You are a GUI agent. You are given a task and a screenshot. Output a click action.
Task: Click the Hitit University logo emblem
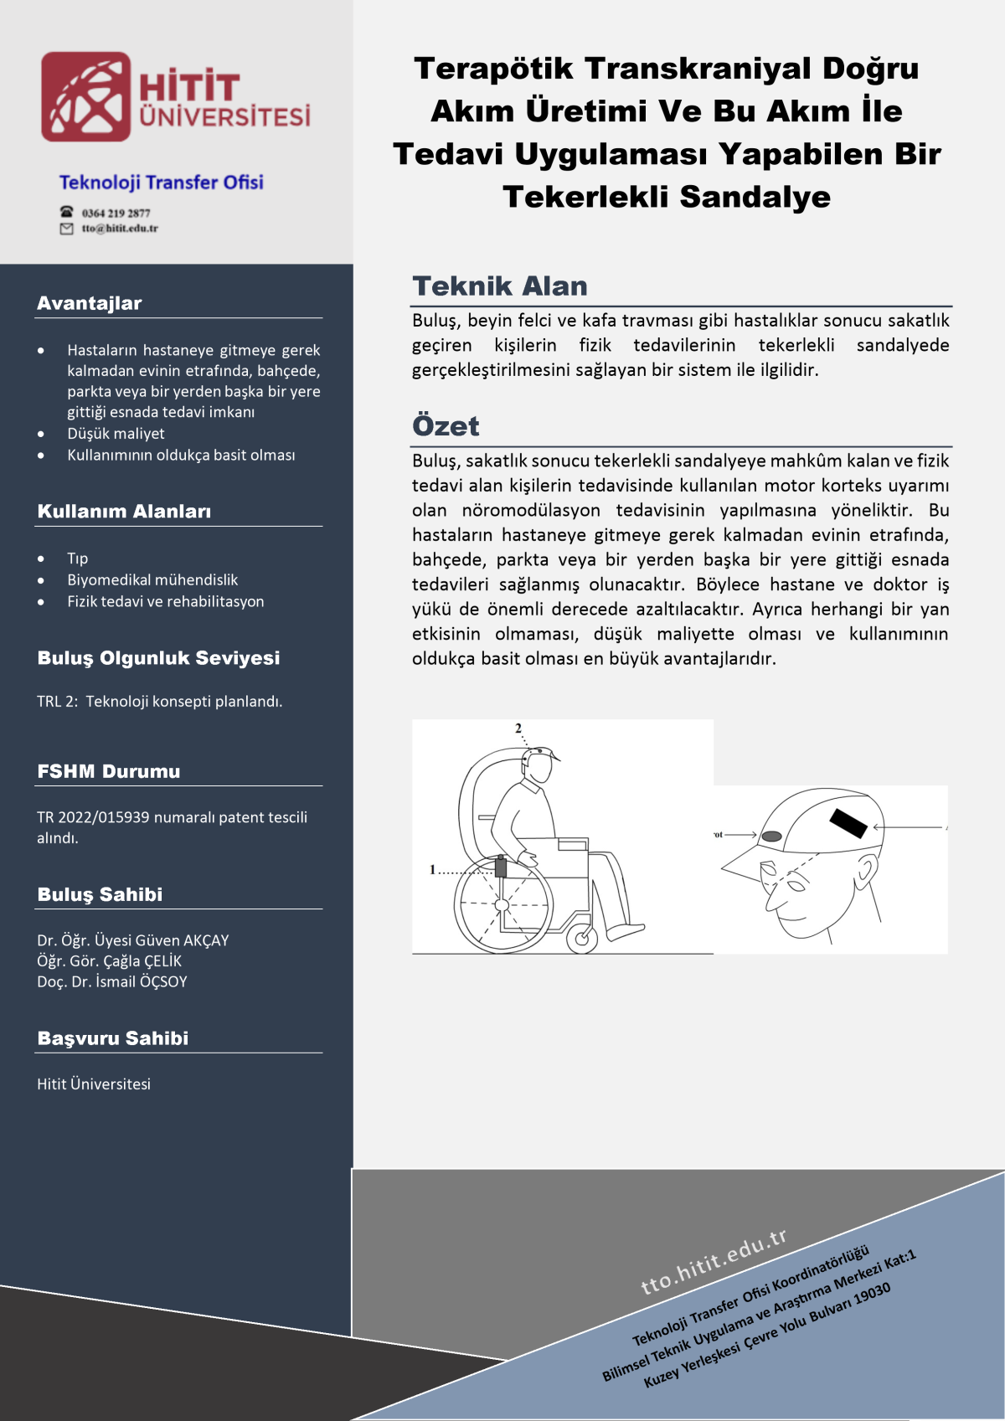tap(86, 96)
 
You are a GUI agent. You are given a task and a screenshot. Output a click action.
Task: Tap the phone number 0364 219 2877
tap(116, 213)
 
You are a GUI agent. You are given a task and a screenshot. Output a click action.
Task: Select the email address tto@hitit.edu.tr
tap(119, 228)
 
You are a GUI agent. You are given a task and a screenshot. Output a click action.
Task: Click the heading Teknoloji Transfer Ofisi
tap(161, 183)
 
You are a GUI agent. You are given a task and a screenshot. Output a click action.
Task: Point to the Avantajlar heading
tap(89, 303)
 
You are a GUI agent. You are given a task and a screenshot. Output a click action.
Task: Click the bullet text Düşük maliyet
tap(116, 434)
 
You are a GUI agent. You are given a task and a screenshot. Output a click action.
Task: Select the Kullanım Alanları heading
tap(124, 512)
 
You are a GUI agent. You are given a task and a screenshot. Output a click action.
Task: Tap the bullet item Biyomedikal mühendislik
tap(152, 579)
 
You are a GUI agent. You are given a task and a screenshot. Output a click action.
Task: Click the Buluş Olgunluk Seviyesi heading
tap(158, 658)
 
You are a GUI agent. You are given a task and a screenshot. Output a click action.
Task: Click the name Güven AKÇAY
tap(184, 940)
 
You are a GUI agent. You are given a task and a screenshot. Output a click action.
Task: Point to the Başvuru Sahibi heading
tap(113, 1038)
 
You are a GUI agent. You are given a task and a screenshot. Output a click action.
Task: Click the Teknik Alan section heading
tap(500, 286)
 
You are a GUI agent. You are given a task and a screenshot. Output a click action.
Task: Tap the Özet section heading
tap(446, 426)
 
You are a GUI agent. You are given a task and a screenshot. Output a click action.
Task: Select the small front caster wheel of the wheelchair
tap(581, 937)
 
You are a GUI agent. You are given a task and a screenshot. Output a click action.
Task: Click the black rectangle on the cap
tap(848, 823)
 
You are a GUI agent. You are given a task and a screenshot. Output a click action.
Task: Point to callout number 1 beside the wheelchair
tap(433, 870)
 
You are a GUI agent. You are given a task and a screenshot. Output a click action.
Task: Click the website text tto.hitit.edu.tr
tap(714, 1262)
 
